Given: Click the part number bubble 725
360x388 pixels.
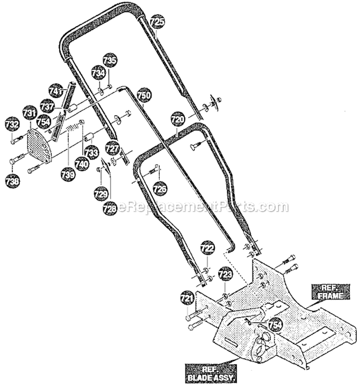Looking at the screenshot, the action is [x=157, y=22].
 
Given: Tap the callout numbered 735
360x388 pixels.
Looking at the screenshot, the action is [x=110, y=60].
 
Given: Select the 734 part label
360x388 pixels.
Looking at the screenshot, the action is [x=98, y=73].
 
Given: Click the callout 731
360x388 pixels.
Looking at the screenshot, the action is [x=30, y=113].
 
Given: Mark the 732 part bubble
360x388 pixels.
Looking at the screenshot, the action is [x=12, y=125].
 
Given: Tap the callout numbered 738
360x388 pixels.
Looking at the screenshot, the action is [x=12, y=181].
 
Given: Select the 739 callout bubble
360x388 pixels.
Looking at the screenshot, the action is [x=68, y=175].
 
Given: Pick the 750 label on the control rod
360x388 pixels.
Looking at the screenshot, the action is [x=144, y=95].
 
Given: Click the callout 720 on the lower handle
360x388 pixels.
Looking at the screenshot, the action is [x=178, y=119].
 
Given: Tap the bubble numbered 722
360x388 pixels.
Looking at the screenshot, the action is [x=207, y=248].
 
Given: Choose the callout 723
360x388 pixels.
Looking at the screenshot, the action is [x=225, y=274].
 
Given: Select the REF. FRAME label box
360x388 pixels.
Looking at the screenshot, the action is [x=331, y=292].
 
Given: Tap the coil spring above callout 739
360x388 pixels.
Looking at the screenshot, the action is [x=72, y=128].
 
